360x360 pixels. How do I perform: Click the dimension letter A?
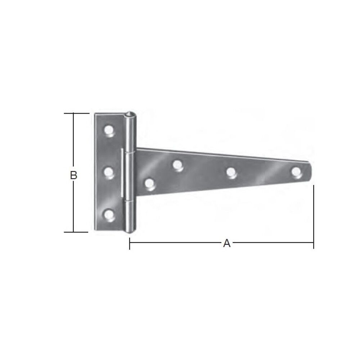point(226,244)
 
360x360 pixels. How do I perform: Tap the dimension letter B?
point(73,175)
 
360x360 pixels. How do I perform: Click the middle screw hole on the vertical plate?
point(109,172)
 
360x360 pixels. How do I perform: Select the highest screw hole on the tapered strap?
point(177,165)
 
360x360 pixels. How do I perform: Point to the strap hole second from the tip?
point(231,172)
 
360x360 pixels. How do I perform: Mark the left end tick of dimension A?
point(130,244)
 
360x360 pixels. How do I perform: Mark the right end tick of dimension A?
point(314,244)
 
